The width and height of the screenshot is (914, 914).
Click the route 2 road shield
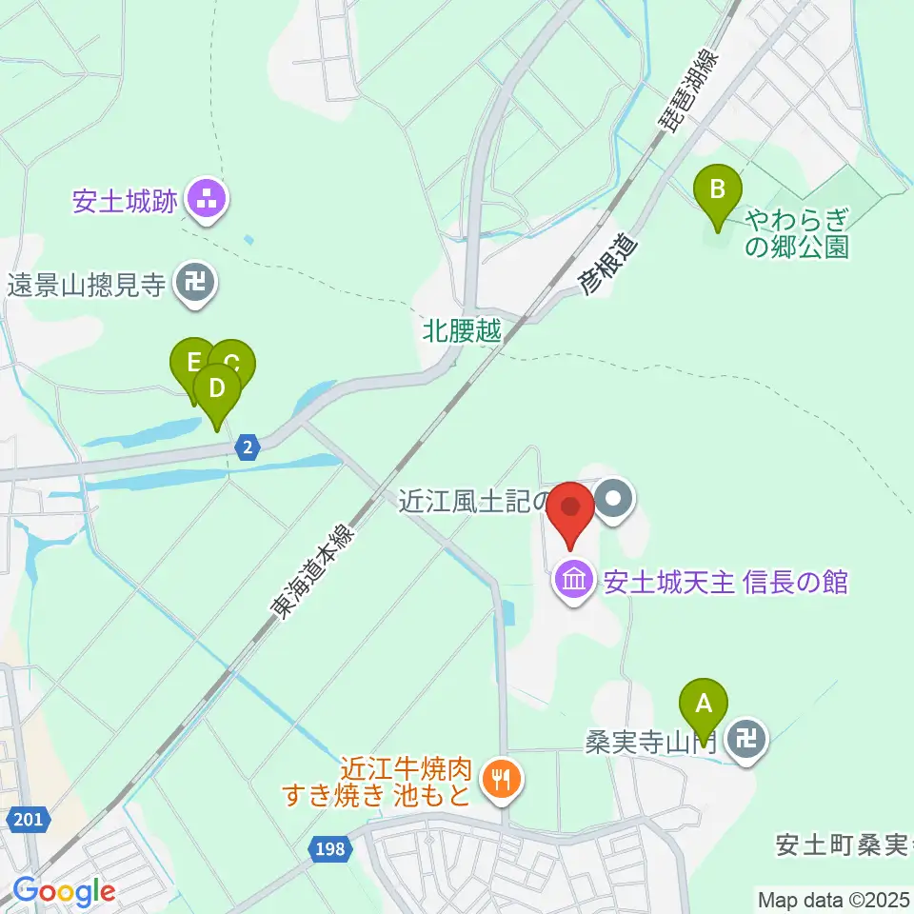click(248, 447)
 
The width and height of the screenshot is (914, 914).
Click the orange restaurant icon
click(500, 781)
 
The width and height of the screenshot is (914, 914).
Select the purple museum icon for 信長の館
click(574, 581)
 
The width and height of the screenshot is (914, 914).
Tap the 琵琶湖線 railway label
click(687, 84)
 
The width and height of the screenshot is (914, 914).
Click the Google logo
click(64, 891)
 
